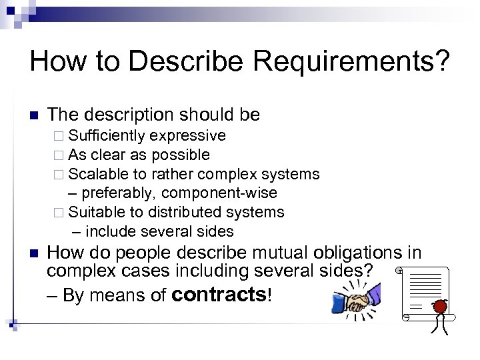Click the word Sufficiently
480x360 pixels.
pyautogui.click(x=107, y=137)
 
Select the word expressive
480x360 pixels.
pyautogui.click(x=187, y=137)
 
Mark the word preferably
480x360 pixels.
pyautogui.click(x=117, y=193)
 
